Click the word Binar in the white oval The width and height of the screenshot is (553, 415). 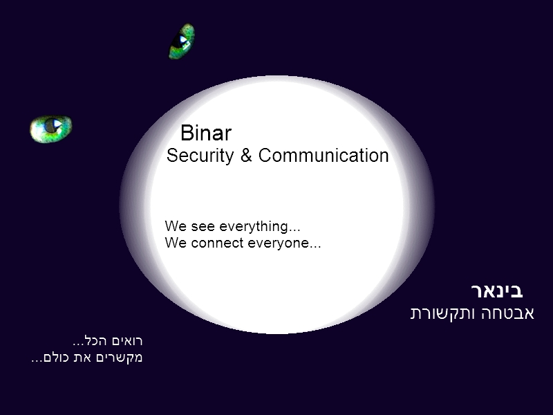coord(206,133)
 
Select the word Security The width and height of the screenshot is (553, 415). coord(200,156)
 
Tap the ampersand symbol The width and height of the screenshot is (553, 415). coord(246,155)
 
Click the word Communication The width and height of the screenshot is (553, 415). coord(324,155)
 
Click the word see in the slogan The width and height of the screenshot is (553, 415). coord(203,227)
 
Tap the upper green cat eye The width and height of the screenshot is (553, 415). coord(182,41)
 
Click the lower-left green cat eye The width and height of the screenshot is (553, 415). coord(50,129)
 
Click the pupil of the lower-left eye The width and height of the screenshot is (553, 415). coord(53,125)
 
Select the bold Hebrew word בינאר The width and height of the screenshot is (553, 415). coord(497,291)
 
